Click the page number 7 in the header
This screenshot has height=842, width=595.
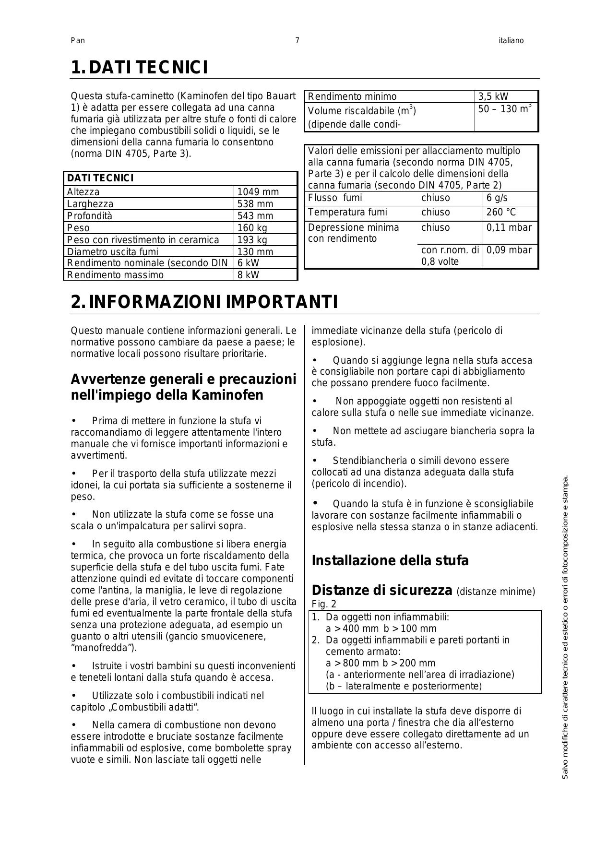(x=297, y=41)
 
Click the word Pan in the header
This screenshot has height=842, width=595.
(x=78, y=41)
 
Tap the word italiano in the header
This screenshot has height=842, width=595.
(x=511, y=41)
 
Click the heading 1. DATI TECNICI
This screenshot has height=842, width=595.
(x=139, y=68)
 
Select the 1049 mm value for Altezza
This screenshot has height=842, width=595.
(x=258, y=192)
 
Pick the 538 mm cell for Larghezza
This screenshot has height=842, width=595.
(x=255, y=204)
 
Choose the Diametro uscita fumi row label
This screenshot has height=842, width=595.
(x=112, y=252)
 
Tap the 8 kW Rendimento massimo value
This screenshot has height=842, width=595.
(x=248, y=275)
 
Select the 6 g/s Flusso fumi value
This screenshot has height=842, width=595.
(x=497, y=198)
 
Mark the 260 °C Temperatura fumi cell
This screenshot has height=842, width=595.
(x=501, y=213)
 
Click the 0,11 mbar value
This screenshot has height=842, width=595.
(x=509, y=227)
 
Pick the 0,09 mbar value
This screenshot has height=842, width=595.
(x=509, y=250)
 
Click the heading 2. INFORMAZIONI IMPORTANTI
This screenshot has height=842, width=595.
(x=204, y=302)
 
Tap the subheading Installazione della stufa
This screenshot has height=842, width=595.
(x=390, y=560)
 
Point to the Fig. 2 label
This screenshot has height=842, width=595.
(x=324, y=604)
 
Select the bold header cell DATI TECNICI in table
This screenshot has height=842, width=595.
(x=100, y=178)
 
